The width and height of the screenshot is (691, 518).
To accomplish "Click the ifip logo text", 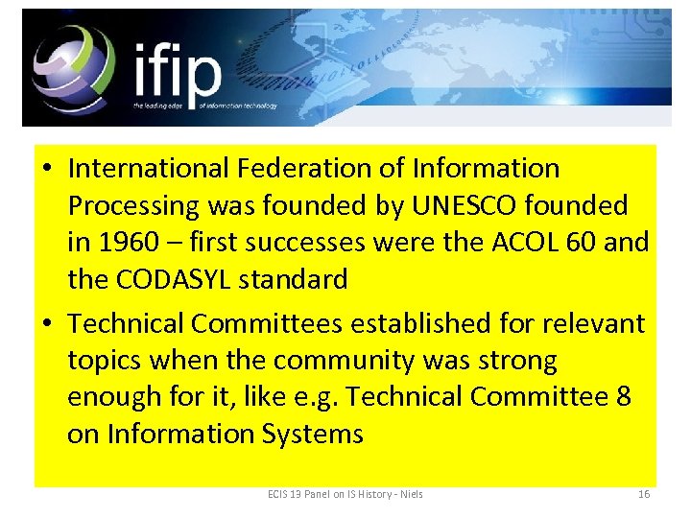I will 178,69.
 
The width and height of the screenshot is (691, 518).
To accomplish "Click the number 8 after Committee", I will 623,397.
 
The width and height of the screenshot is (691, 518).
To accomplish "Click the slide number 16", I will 644,494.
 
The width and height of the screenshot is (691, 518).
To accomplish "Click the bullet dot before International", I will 46,170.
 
